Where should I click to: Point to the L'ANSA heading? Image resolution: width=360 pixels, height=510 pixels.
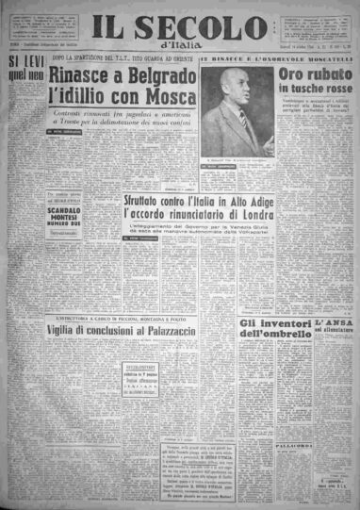tap(334, 323)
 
